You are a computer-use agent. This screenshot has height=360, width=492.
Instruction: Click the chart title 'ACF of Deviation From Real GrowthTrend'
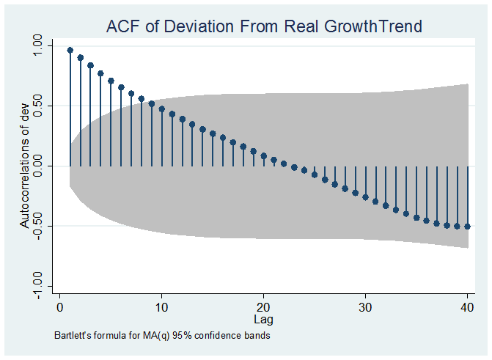pos(264,27)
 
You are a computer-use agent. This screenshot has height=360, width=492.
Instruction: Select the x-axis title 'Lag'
pos(263,320)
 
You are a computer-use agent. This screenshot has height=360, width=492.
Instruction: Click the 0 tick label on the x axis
pos(60,306)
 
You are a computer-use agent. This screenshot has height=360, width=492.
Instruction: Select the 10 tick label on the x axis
pos(162,306)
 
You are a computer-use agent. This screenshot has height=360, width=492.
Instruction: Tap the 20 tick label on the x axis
pos(264,306)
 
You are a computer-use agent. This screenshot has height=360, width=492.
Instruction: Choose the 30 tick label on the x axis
pos(366,306)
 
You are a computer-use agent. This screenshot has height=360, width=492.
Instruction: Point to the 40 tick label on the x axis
pos(468,306)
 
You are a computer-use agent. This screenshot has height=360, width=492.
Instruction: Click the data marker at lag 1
pos(70,51)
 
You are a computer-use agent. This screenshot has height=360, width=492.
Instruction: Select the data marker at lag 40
pos(468,227)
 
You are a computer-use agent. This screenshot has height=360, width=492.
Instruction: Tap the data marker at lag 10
pos(162,109)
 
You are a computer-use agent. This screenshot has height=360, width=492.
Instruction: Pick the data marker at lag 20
pos(264,155)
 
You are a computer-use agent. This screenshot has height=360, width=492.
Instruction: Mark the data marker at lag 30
pos(366,197)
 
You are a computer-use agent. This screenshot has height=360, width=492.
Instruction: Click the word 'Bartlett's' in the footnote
pos(72,336)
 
